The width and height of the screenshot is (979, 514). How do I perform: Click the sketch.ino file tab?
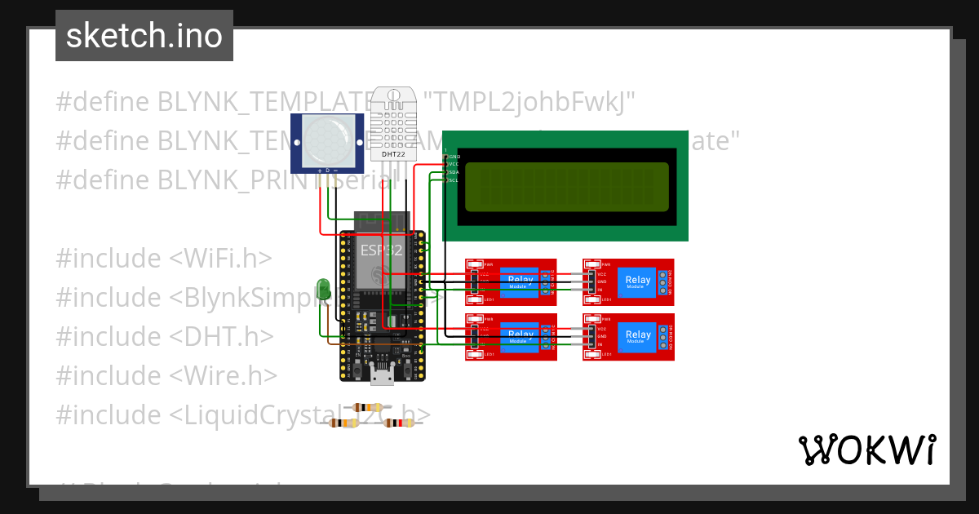[144, 36]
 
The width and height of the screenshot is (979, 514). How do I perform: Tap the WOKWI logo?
[866, 450]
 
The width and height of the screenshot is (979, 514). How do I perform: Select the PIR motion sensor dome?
[328, 139]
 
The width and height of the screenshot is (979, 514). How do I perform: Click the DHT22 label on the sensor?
[391, 153]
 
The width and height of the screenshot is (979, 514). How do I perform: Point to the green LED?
[323, 288]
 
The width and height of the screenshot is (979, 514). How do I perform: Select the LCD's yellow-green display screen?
[564, 186]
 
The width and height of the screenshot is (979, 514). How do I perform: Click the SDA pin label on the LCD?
[454, 172]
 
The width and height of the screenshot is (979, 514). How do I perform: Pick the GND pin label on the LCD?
[454, 156]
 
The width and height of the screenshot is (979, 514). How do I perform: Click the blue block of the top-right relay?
[638, 281]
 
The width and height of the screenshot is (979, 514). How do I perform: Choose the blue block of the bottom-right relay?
[638, 335]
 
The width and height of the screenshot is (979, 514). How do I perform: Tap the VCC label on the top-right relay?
[602, 274]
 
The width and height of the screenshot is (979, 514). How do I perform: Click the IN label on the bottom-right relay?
[600, 344]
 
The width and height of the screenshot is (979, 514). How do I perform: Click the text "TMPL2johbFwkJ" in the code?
[534, 103]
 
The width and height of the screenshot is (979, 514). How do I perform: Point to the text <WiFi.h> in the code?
[219, 259]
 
